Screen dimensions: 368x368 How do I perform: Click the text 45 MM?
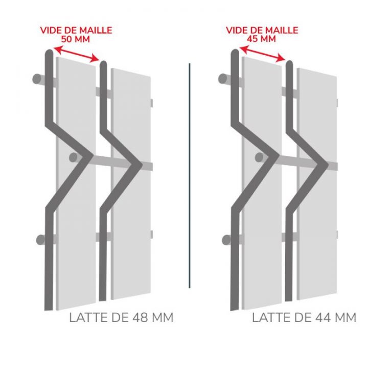(262, 39)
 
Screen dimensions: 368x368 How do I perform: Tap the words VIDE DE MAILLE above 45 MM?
(262, 30)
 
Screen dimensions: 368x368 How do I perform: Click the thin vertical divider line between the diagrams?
(190, 174)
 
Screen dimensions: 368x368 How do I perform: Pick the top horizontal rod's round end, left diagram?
(37, 79)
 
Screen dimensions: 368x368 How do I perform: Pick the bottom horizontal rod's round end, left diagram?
(37, 239)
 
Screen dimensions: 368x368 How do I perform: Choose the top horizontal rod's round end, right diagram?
(223, 79)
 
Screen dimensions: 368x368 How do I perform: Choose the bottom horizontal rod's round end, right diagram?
(223, 239)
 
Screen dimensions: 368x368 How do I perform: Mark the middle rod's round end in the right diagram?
(260, 156)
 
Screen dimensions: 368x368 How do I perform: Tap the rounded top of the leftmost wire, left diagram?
(49, 52)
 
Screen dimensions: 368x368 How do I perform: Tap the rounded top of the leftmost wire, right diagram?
(235, 52)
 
